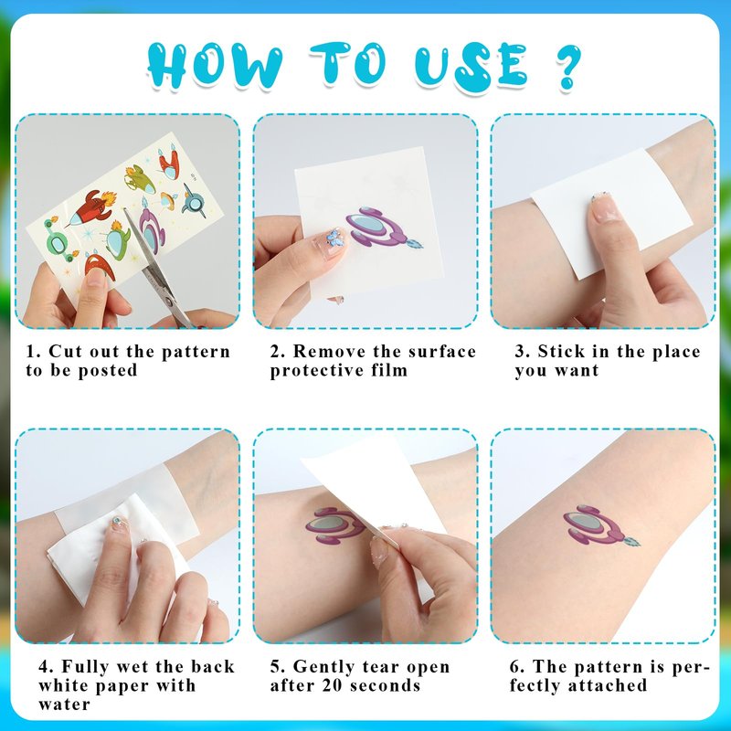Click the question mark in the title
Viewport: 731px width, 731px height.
tap(568, 66)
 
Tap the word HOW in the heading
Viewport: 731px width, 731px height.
tap(216, 65)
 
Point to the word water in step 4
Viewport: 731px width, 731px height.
tap(64, 704)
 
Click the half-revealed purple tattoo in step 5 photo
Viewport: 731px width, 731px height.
tap(335, 526)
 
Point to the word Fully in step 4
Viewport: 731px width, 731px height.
tap(86, 667)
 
